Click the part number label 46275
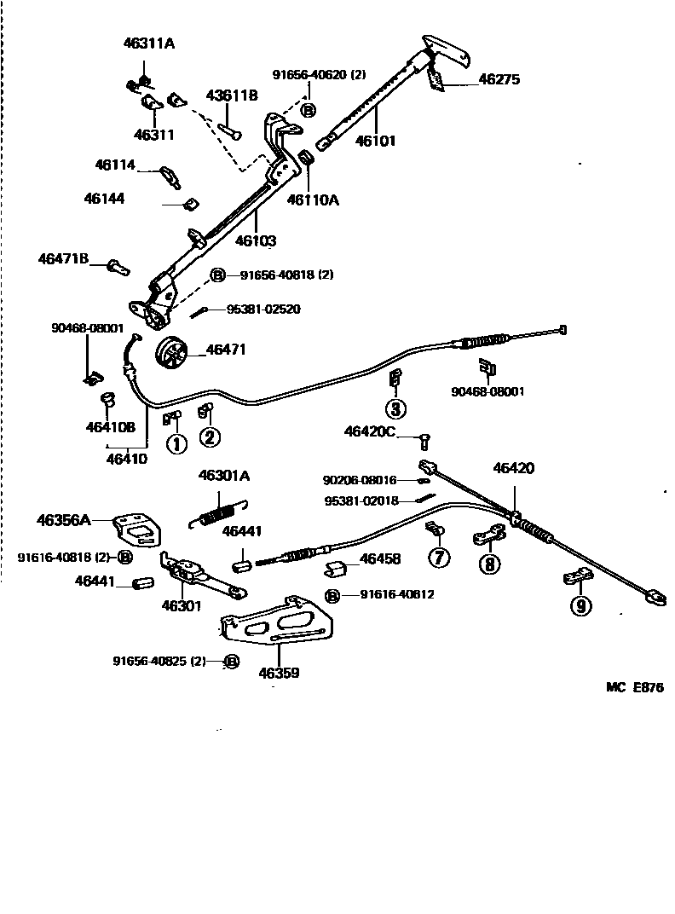[499, 79]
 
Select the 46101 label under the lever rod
[375, 141]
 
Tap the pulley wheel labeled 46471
[173, 352]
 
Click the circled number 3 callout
[395, 408]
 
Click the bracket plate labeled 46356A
[136, 529]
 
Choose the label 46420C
[369, 432]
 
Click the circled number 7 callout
[438, 558]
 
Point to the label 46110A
[313, 200]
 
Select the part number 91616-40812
[397, 594]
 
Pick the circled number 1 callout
[175, 443]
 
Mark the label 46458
[380, 559]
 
